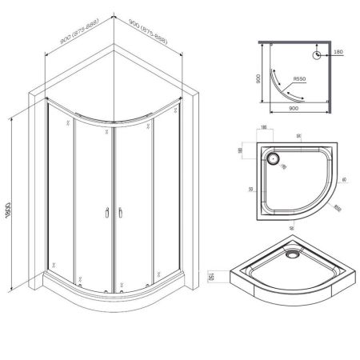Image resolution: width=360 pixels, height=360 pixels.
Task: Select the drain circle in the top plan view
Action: [x=317, y=55]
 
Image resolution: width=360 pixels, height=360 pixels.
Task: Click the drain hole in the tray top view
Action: [x=275, y=159]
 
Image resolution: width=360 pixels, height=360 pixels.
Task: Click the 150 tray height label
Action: [x=210, y=276]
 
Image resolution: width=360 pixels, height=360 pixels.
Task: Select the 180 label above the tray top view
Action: [x=262, y=130]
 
